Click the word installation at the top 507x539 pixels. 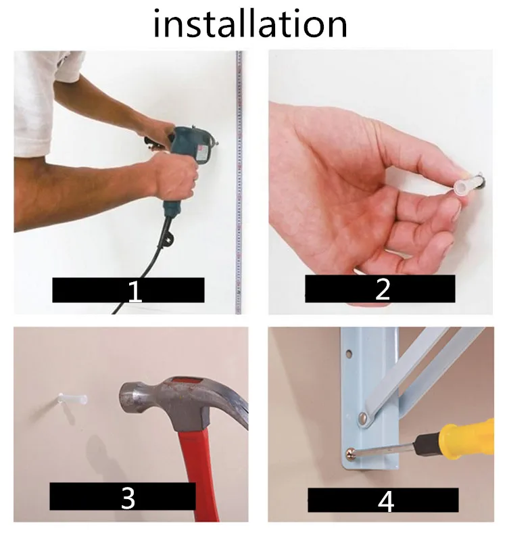click(249, 24)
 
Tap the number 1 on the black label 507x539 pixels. click(135, 291)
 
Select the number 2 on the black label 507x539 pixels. click(383, 289)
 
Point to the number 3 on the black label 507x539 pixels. click(128, 498)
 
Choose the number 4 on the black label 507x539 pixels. click(385, 502)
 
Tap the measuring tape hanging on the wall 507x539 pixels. click(239, 182)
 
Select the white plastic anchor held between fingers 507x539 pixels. click(467, 185)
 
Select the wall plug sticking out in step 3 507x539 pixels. click(73, 399)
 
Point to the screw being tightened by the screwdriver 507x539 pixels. click(351, 454)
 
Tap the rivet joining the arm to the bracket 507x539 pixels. click(363, 418)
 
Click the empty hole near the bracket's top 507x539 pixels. click(349, 354)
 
